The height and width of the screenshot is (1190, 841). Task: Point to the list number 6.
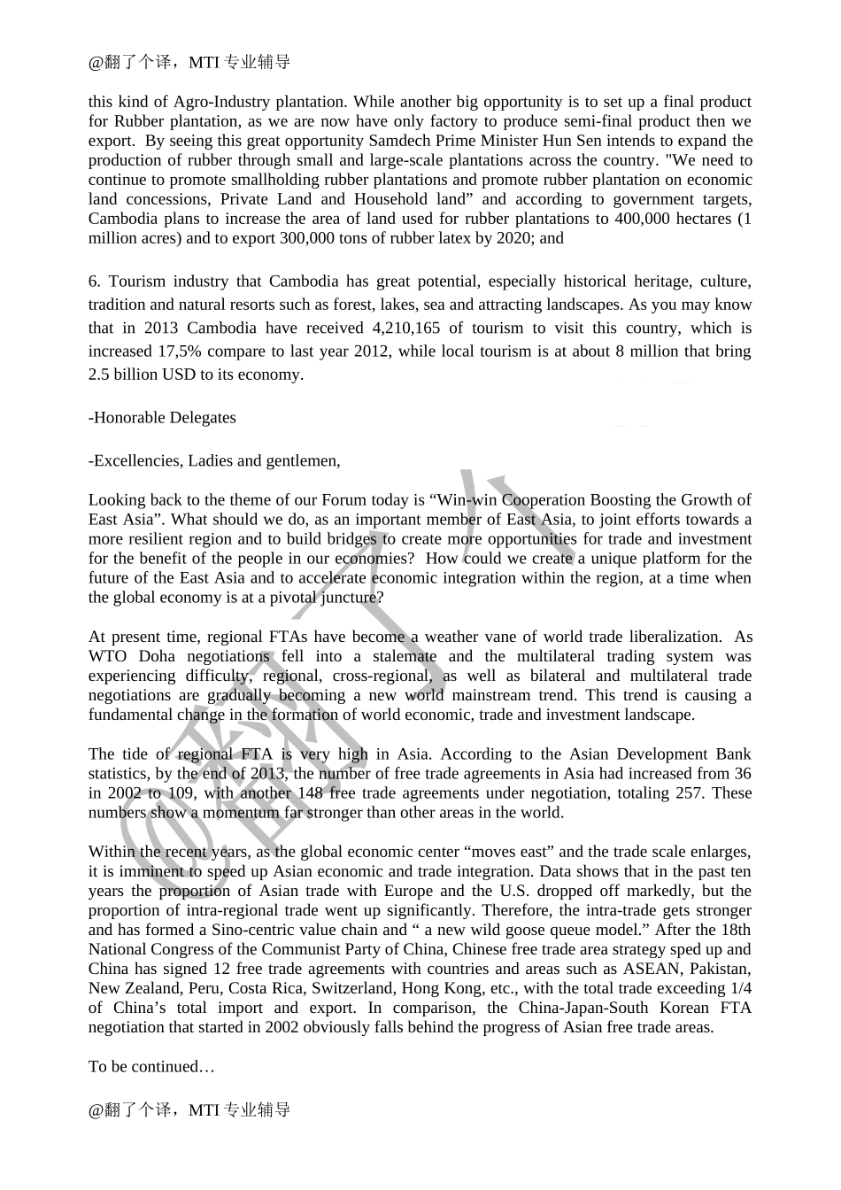(x=94, y=282)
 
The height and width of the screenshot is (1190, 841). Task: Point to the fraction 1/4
(x=738, y=988)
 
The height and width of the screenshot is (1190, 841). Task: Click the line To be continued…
(x=151, y=1066)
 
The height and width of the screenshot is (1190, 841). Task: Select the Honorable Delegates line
(x=162, y=417)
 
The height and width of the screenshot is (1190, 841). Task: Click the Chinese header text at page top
(x=189, y=62)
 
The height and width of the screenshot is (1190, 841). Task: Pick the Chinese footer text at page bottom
(x=189, y=1109)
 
